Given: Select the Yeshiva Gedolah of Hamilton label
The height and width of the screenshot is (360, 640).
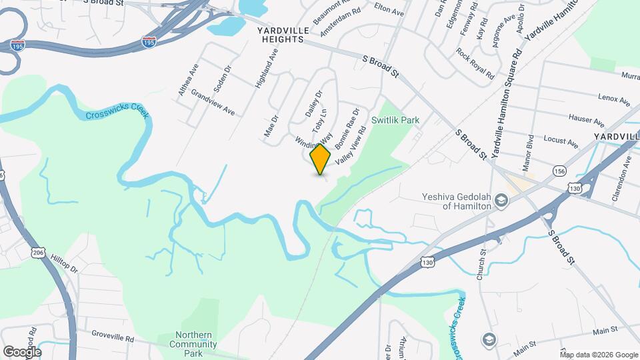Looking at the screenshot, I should [x=457, y=201].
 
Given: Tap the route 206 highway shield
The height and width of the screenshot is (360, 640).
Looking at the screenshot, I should [x=37, y=252].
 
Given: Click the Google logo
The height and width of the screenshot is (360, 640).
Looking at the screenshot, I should [x=22, y=351].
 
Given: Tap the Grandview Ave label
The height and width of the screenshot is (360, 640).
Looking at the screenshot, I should [x=212, y=104].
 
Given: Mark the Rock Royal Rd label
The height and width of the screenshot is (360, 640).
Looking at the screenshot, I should [x=475, y=63].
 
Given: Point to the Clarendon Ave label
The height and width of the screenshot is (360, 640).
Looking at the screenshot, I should [x=623, y=181].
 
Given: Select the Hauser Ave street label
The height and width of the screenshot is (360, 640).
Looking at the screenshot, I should [x=587, y=121].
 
